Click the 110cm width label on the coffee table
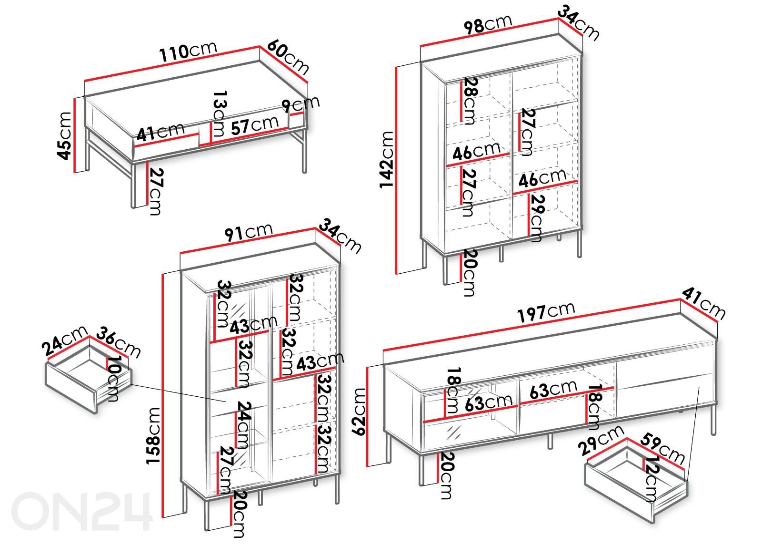(188, 52)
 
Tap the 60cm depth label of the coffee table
(288, 57)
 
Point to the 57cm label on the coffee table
(254, 125)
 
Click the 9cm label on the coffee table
(301, 104)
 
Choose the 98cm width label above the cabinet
(488, 24)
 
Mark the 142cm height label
(386, 160)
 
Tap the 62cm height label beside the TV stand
(359, 412)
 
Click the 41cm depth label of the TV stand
(703, 304)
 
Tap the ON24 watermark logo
(81, 511)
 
